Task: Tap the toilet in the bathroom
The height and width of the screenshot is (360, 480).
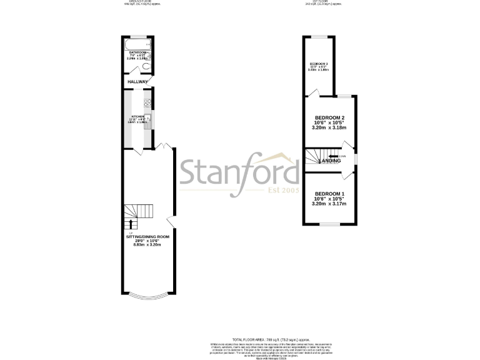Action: [x=146, y=67]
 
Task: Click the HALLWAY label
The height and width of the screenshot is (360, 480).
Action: [x=137, y=82]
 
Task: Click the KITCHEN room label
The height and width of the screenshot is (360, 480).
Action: [x=137, y=116]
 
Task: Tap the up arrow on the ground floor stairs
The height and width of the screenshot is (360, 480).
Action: [x=131, y=223]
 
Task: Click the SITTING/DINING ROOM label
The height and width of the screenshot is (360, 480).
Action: [x=147, y=237]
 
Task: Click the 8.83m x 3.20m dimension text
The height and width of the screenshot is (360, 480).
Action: [x=147, y=244]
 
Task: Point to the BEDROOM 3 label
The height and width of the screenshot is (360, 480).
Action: [x=319, y=64]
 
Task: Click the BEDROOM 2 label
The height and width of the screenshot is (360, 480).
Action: [x=330, y=117]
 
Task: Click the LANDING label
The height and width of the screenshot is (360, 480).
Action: [x=329, y=161]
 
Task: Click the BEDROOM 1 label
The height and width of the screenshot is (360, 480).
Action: [x=329, y=194]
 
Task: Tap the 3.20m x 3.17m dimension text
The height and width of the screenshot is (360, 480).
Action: [x=329, y=204]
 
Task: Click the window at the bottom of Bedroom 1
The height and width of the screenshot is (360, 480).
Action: [x=329, y=224]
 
